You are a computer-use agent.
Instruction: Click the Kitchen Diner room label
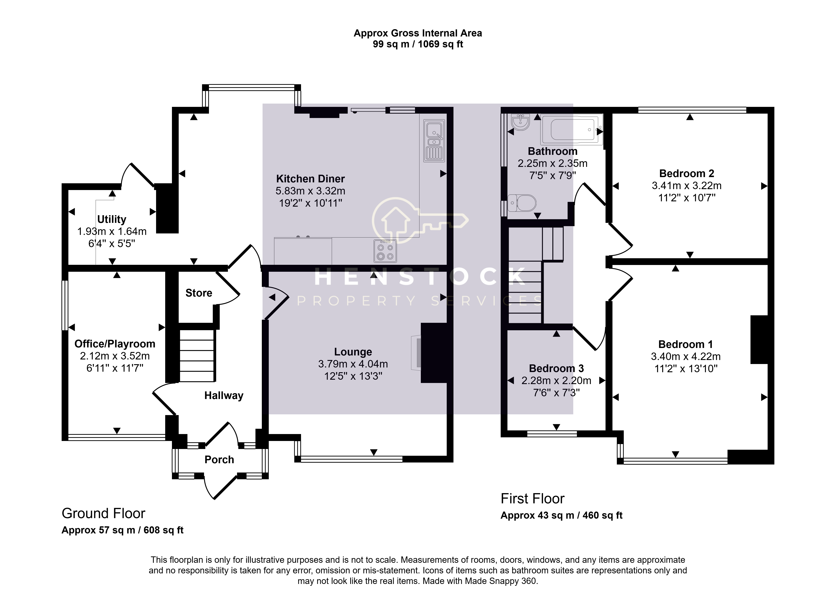pyautogui.click(x=310, y=179)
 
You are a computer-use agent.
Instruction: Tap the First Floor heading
pyautogui.click(x=532, y=499)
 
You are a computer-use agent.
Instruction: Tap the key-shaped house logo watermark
pyautogui.click(x=420, y=220)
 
